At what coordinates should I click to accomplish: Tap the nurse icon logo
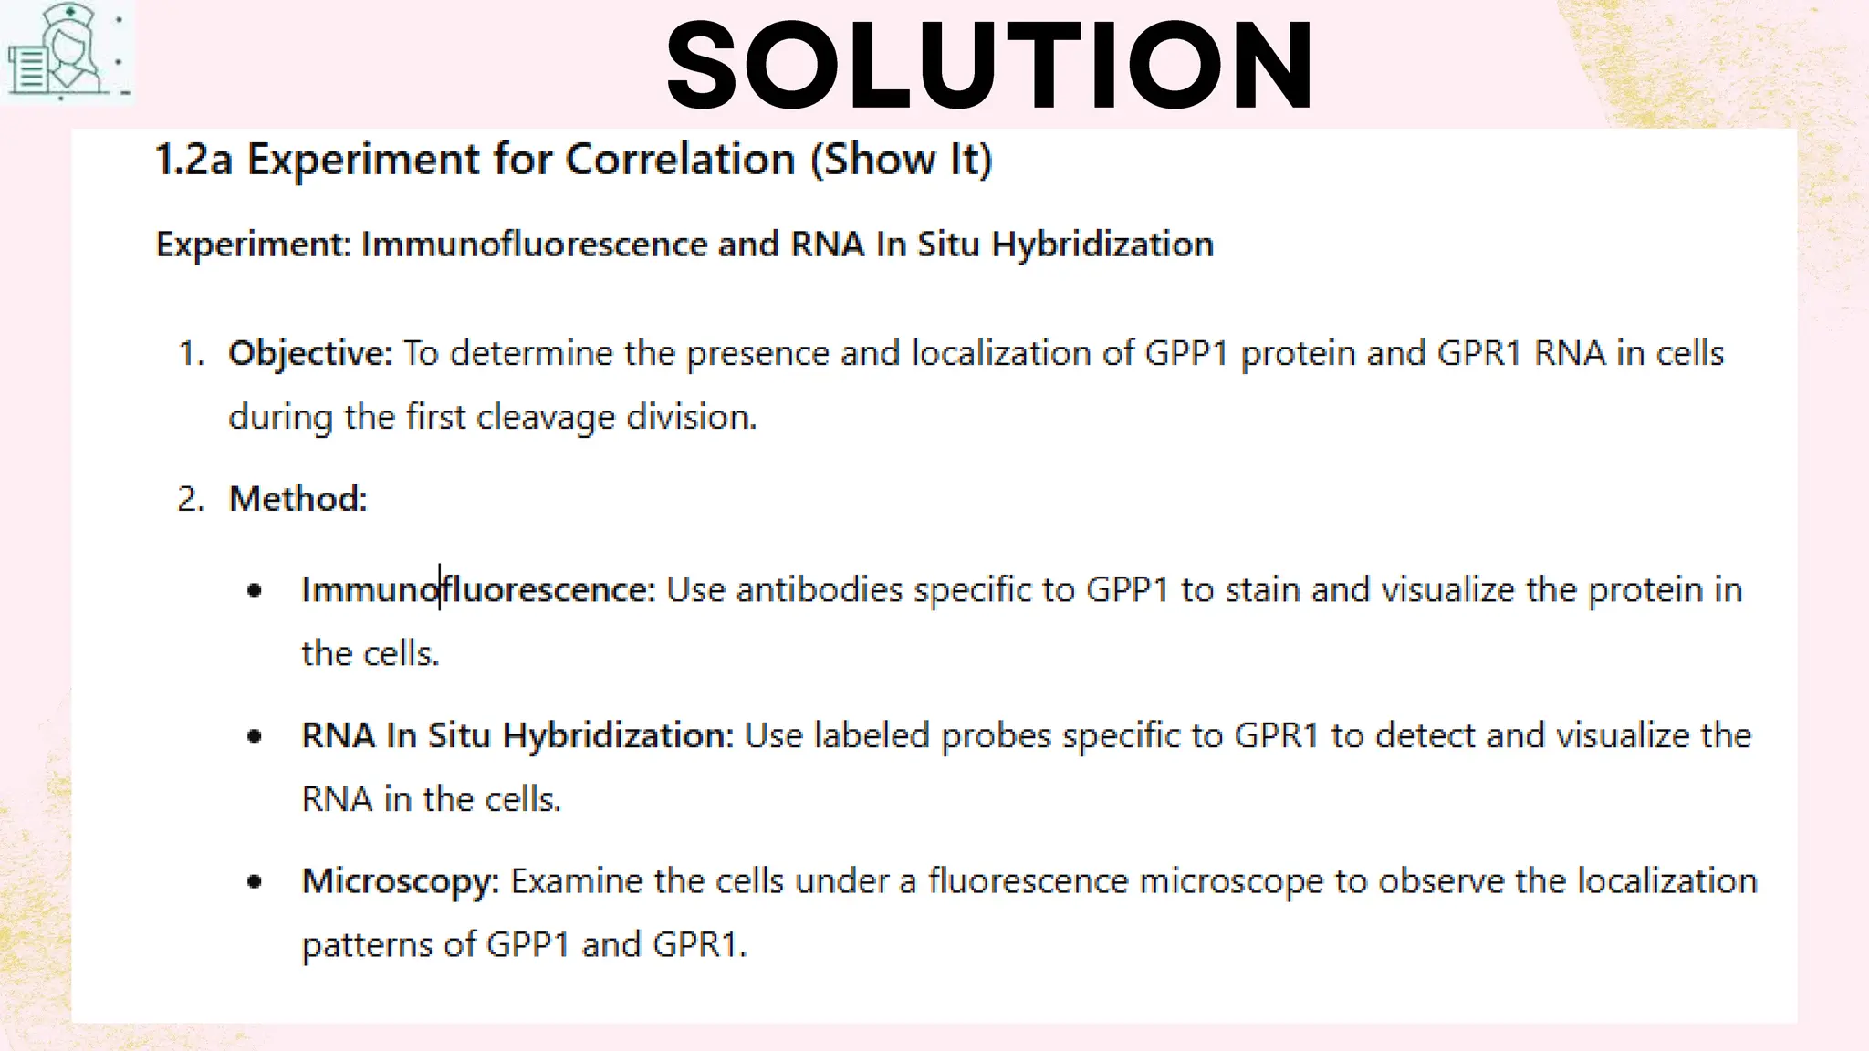pyautogui.click(x=66, y=51)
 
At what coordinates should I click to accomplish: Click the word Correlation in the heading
pyautogui.click(x=680, y=160)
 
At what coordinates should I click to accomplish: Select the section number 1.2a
pyautogui.click(x=193, y=160)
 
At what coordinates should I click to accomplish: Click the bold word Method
pyautogui.click(x=298, y=499)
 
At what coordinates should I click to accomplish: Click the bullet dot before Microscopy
pyautogui.click(x=255, y=881)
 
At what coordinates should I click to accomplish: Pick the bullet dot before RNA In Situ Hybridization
pyautogui.click(x=255, y=735)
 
